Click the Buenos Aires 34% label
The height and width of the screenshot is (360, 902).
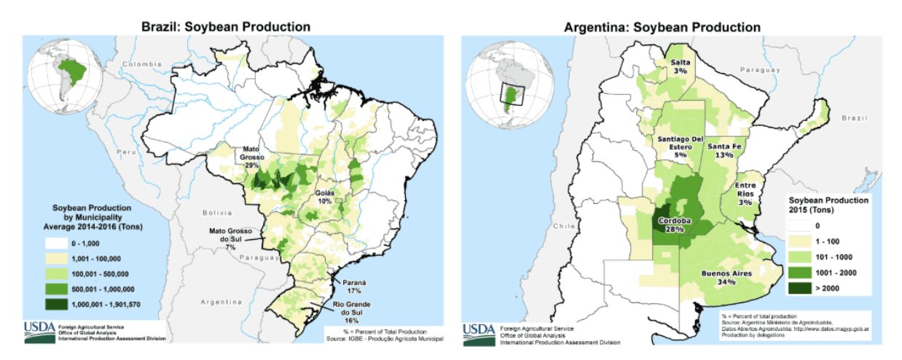pyautogui.click(x=722, y=278)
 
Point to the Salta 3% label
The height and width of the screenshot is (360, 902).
pyautogui.click(x=680, y=67)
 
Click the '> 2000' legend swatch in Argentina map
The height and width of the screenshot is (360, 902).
pyautogui.click(x=799, y=289)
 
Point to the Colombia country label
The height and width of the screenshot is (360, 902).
pyautogui.click(x=141, y=64)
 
